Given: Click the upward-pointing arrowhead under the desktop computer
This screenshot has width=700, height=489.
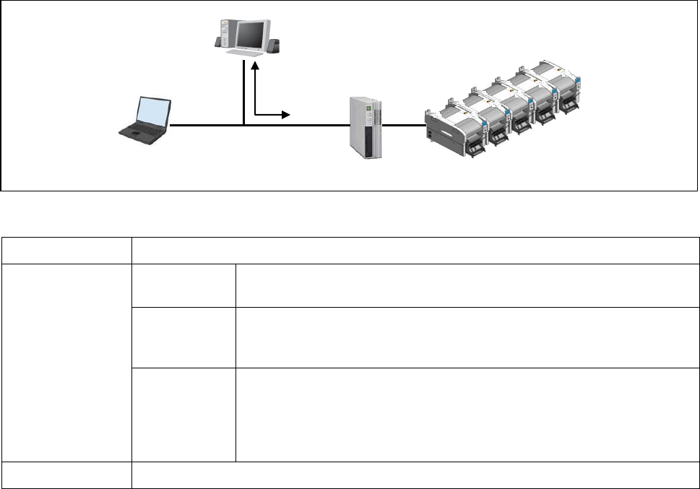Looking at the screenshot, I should (255, 66).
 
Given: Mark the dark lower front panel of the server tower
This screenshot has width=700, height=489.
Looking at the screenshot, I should (368, 141).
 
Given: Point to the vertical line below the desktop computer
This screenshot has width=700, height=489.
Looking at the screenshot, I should (245, 94).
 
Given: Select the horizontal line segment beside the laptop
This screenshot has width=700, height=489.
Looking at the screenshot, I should (206, 125).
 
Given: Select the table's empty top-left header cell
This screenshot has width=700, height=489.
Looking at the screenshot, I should (66, 250).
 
